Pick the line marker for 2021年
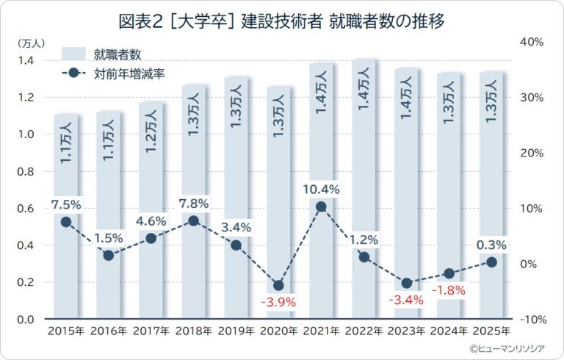coord(321,207)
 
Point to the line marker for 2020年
coord(278,285)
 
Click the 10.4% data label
coord(321,190)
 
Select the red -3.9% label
coord(278,302)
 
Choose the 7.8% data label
coord(194,204)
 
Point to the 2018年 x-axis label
coord(194,330)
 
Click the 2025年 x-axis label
coord(492,330)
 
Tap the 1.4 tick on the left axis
coord(26,60)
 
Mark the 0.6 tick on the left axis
coord(26,209)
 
